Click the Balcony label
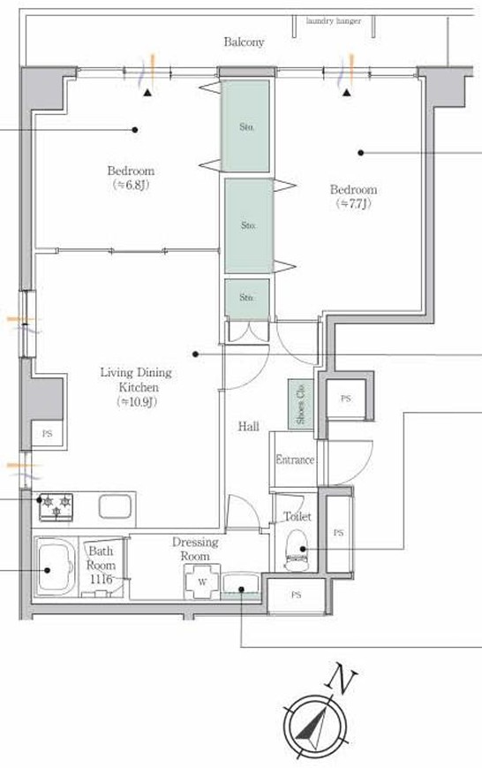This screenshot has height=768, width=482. [244, 42]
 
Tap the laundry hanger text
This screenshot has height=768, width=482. [333, 21]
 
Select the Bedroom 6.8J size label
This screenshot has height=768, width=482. [131, 185]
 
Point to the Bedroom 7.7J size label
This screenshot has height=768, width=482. [353, 204]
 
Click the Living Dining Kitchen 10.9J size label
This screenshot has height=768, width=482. [138, 402]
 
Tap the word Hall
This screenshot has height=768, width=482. [249, 427]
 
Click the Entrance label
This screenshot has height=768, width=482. [295, 460]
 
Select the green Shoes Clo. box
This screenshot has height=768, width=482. [300, 405]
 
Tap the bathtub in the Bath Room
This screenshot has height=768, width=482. [55, 566]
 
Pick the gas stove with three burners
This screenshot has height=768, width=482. [56, 507]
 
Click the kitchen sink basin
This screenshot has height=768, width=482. [116, 506]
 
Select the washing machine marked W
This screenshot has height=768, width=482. [202, 582]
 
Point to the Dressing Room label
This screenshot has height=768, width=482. [195, 549]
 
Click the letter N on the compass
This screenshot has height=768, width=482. [341, 679]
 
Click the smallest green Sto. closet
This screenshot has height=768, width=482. [247, 297]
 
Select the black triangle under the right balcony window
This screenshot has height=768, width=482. [347, 92]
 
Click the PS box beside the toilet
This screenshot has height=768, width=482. [338, 533]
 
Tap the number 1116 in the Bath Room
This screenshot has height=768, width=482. [102, 580]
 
